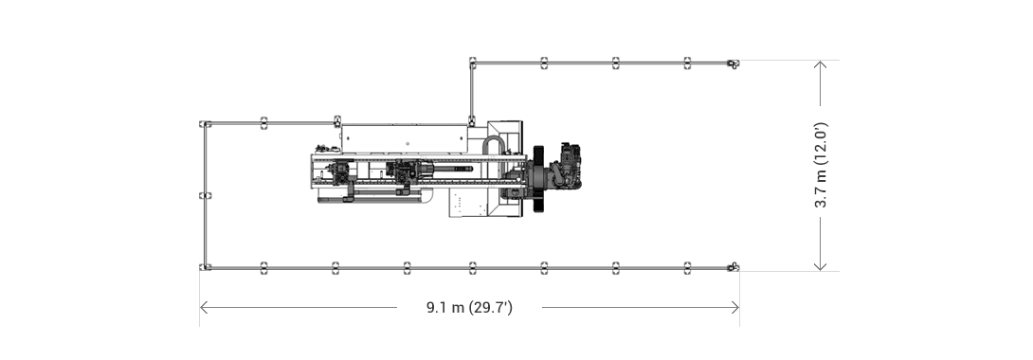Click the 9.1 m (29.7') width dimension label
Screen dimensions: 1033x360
click(x=469, y=307)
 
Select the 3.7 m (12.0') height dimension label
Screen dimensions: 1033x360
click(x=820, y=165)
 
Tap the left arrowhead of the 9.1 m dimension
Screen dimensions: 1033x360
click(x=204, y=307)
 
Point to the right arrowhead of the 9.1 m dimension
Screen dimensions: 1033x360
click(x=735, y=307)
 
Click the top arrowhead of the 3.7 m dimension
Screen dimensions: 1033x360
click(x=820, y=64)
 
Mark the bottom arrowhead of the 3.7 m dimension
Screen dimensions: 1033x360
click(x=820, y=266)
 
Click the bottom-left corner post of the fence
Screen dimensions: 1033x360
click(x=205, y=267)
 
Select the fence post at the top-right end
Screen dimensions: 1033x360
click(x=733, y=63)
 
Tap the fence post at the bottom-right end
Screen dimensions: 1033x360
click(x=733, y=267)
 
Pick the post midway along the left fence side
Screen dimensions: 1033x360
click(x=205, y=195)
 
